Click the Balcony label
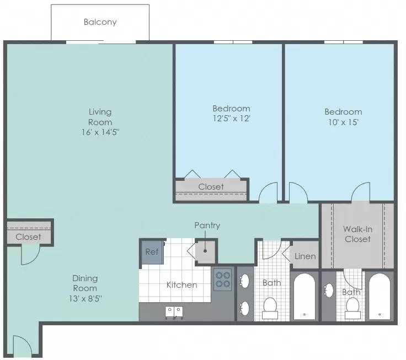[100, 22]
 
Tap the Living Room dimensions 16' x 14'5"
[100, 132]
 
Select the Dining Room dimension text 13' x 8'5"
[85, 299]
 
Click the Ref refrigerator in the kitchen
[152, 252]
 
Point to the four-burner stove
[223, 280]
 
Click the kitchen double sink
[174, 312]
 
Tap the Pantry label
[207, 225]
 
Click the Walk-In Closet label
[358, 234]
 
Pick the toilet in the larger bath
[270, 308]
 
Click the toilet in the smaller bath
[352, 309]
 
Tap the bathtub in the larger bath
[304, 297]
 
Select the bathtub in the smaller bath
[380, 297]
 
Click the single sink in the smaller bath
[329, 291]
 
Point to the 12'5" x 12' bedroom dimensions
[231, 119]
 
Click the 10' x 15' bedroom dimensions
[343, 122]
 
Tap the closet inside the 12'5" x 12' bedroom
[211, 189]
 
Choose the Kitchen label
[182, 285]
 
